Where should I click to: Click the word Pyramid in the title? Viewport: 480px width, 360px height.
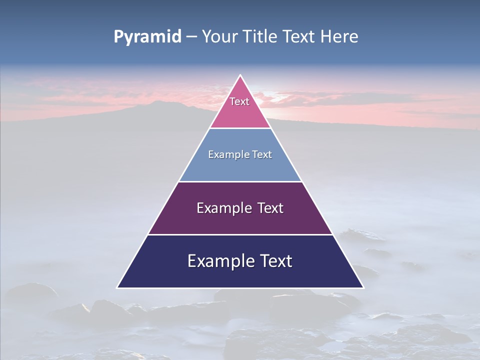(147, 37)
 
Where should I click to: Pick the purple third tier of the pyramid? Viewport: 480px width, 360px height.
(240, 220)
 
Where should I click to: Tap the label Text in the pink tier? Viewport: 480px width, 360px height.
(239, 101)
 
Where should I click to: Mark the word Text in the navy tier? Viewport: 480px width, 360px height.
(275, 261)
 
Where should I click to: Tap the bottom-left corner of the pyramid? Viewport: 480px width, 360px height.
(118, 287)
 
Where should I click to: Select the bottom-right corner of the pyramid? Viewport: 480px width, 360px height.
(362, 287)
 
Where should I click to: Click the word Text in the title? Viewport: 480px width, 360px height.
(299, 37)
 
